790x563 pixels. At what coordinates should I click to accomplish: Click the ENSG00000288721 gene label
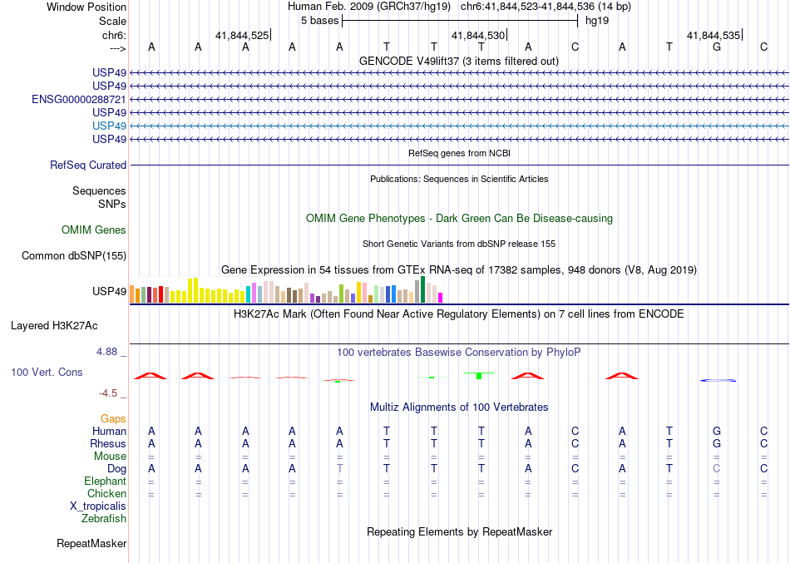pyautogui.click(x=79, y=99)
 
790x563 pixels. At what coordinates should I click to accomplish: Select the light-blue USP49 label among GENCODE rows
pyautogui.click(x=110, y=126)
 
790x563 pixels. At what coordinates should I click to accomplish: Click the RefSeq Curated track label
pyautogui.click(x=88, y=165)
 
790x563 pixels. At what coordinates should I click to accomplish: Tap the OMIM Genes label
pyautogui.click(x=94, y=230)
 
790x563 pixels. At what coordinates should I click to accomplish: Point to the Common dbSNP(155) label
pyautogui.click(x=74, y=256)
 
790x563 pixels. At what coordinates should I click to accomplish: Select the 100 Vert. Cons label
pyautogui.click(x=47, y=373)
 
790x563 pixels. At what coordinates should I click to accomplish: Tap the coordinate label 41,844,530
pyautogui.click(x=477, y=36)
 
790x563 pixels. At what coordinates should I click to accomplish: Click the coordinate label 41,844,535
pyautogui.click(x=713, y=36)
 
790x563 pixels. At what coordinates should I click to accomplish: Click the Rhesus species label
pyautogui.click(x=108, y=444)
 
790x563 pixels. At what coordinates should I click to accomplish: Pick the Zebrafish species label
pyautogui.click(x=104, y=519)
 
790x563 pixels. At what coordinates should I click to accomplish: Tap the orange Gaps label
pyautogui.click(x=113, y=419)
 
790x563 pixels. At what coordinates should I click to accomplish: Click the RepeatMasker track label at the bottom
pyautogui.click(x=91, y=544)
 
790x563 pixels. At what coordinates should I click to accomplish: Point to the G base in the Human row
pyautogui.click(x=717, y=432)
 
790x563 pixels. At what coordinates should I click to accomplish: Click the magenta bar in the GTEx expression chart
pyautogui.click(x=441, y=297)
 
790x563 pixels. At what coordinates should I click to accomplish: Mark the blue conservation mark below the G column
pyautogui.click(x=718, y=380)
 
